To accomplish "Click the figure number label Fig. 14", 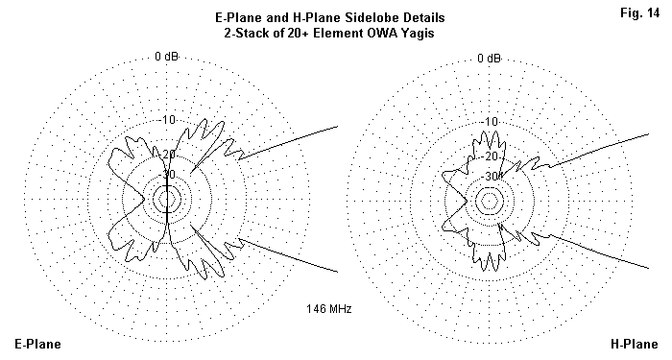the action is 640,13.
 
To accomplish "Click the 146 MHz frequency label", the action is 328,308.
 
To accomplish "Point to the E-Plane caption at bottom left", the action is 37,344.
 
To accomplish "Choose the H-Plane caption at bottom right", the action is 634,344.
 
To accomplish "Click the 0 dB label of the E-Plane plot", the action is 166,56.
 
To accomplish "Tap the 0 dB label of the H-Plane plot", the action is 489,58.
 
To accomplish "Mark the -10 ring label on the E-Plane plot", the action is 168,120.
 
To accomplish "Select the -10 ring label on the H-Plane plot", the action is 491,122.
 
